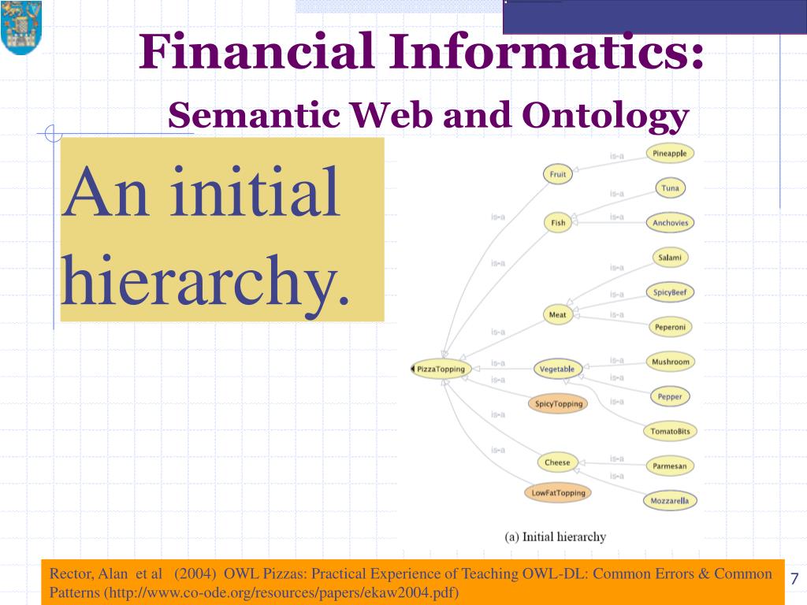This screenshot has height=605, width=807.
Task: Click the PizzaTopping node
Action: (441, 369)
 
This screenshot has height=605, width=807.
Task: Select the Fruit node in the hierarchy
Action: (558, 175)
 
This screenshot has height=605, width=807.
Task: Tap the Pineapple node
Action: (670, 154)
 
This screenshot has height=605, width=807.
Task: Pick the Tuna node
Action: (670, 188)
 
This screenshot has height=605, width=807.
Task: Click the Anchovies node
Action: (670, 223)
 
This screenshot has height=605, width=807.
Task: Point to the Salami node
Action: (670, 258)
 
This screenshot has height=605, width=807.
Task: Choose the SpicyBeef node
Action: (670, 292)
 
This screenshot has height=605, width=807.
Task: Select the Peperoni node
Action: (670, 327)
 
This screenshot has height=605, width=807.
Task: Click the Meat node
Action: (557, 315)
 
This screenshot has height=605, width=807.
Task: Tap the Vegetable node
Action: (557, 369)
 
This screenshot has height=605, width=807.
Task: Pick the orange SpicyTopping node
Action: (559, 404)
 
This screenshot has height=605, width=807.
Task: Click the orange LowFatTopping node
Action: (559, 493)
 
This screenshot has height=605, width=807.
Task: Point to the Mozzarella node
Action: (670, 500)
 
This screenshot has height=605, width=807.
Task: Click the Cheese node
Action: (557, 462)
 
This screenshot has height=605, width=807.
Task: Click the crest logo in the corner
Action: (20, 28)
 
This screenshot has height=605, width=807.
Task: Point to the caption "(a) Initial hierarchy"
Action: (556, 537)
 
